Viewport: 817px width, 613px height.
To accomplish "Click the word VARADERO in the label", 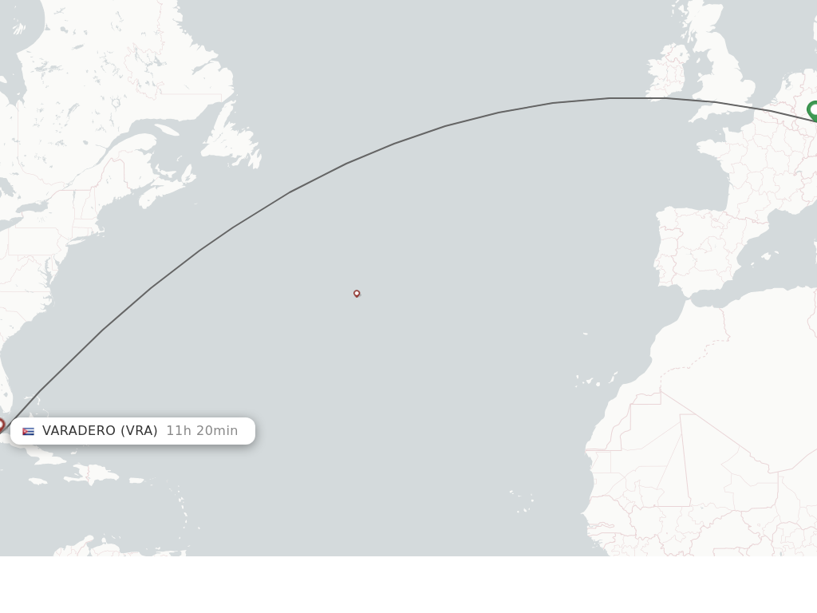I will coord(78,431).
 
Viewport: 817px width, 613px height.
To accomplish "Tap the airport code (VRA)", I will coord(139,431).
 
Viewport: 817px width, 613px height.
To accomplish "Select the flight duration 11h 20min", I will coord(202,431).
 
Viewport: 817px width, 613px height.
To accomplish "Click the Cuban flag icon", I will coord(29,431).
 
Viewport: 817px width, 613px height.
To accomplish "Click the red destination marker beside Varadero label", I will coord(1,425).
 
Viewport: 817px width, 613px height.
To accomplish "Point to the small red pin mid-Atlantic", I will coord(357,293).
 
